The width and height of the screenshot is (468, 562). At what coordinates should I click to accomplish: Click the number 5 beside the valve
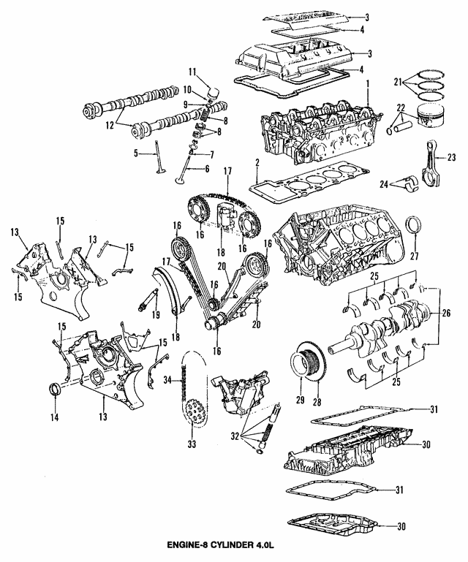[136, 153]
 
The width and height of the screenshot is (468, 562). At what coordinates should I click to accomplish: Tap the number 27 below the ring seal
[414, 257]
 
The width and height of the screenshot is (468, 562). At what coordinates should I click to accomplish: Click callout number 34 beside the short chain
[167, 380]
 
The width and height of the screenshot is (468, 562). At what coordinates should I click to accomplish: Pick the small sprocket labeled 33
[194, 414]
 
